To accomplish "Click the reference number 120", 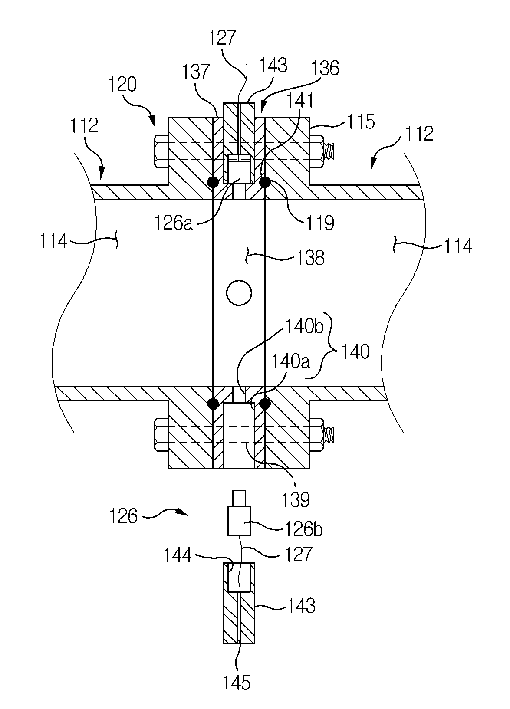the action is click(x=122, y=85).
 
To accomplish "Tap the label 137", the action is click(x=196, y=72).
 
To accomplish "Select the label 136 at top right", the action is click(x=325, y=68).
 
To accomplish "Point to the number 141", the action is click(x=299, y=101).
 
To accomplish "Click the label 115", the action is click(x=361, y=122).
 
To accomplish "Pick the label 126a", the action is click(x=174, y=223).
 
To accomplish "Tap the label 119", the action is click(x=320, y=223).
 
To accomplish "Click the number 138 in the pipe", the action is click(x=311, y=258).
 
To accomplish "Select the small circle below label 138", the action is click(x=239, y=293).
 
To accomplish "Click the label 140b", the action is click(x=305, y=326).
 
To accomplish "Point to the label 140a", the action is click(x=291, y=361).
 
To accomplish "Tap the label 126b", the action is click(x=304, y=528).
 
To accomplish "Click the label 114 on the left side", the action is click(x=53, y=242).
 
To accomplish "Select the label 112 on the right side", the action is click(x=419, y=134).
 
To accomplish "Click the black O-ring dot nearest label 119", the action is click(x=265, y=182).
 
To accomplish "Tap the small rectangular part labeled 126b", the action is click(x=239, y=521).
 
